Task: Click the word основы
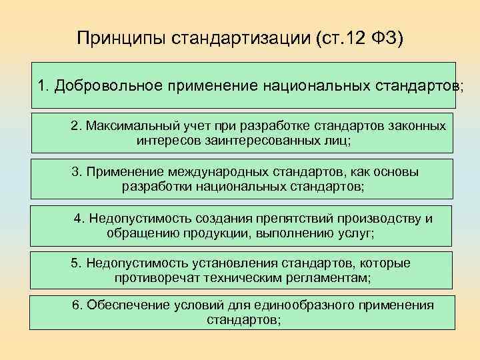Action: click(x=397, y=171)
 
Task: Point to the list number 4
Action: click(x=78, y=218)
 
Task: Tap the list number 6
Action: click(x=76, y=305)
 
